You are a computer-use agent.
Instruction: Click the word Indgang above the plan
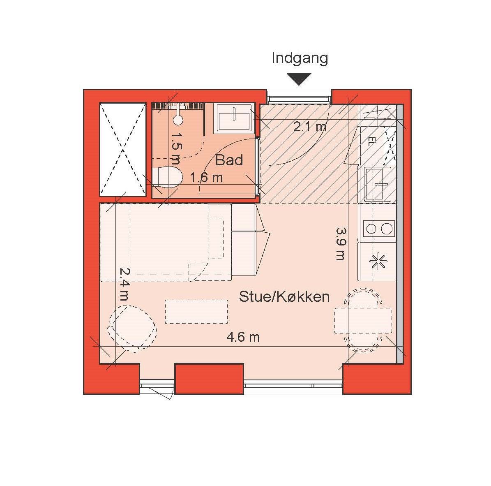tap(300, 59)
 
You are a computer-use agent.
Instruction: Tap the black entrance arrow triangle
tap(300, 79)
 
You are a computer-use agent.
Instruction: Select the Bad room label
tap(229, 160)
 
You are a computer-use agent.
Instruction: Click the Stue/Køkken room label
tap(284, 296)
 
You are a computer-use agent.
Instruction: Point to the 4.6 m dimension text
tap(243, 337)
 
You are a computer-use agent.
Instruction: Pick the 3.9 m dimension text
tap(340, 244)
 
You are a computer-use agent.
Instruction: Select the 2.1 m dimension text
tap(310, 127)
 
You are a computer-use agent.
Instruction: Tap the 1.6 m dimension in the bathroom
tap(207, 178)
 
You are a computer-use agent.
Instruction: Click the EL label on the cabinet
tap(371, 141)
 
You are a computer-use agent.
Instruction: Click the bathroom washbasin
tap(234, 118)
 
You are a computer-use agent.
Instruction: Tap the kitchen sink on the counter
tap(378, 184)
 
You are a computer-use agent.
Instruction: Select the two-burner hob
tap(378, 229)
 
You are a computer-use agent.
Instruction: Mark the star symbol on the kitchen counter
tap(378, 261)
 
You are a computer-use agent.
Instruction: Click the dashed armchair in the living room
tap(132, 329)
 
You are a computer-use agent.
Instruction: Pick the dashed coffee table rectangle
tap(196, 312)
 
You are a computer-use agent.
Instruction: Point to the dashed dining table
tap(363, 320)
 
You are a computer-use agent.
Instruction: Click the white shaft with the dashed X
tap(123, 149)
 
